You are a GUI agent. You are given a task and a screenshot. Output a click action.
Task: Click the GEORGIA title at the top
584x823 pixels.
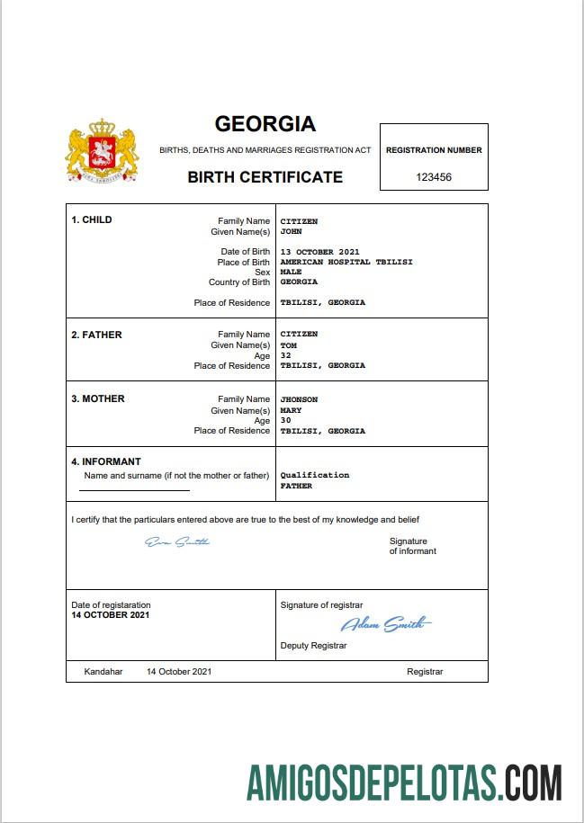(265, 124)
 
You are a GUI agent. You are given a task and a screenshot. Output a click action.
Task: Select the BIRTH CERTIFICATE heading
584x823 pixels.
(265, 177)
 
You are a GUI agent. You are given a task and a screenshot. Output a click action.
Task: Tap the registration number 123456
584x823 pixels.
(434, 177)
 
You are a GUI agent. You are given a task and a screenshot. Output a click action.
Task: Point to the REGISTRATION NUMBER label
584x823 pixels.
(434, 150)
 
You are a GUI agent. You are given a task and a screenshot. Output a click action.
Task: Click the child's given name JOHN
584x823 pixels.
(291, 231)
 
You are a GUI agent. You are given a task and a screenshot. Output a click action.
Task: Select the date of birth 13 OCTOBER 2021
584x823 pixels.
(319, 252)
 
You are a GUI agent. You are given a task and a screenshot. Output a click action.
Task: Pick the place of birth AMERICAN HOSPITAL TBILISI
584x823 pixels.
(332, 262)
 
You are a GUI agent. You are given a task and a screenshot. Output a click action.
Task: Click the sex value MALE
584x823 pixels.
(291, 272)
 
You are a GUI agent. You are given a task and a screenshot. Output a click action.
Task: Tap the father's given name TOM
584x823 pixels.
(289, 345)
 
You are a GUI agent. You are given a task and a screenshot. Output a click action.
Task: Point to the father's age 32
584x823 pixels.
(286, 355)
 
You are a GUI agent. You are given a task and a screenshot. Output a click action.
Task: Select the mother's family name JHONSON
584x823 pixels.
(299, 399)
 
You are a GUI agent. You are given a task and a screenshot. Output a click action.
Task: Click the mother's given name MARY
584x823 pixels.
(291, 410)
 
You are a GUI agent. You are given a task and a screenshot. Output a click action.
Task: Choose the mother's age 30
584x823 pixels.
(286, 420)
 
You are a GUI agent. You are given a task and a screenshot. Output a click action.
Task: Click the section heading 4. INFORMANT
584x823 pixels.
(106, 461)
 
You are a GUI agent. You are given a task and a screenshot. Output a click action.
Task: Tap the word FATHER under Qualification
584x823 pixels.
(296, 486)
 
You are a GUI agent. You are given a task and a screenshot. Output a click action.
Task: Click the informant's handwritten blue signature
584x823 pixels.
(177, 541)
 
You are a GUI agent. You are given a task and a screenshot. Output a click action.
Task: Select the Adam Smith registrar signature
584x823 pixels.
(385, 624)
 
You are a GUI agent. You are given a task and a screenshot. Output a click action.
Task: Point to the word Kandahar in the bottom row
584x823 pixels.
(103, 671)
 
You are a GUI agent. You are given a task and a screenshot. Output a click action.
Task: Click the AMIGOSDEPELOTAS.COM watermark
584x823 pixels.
(405, 783)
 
